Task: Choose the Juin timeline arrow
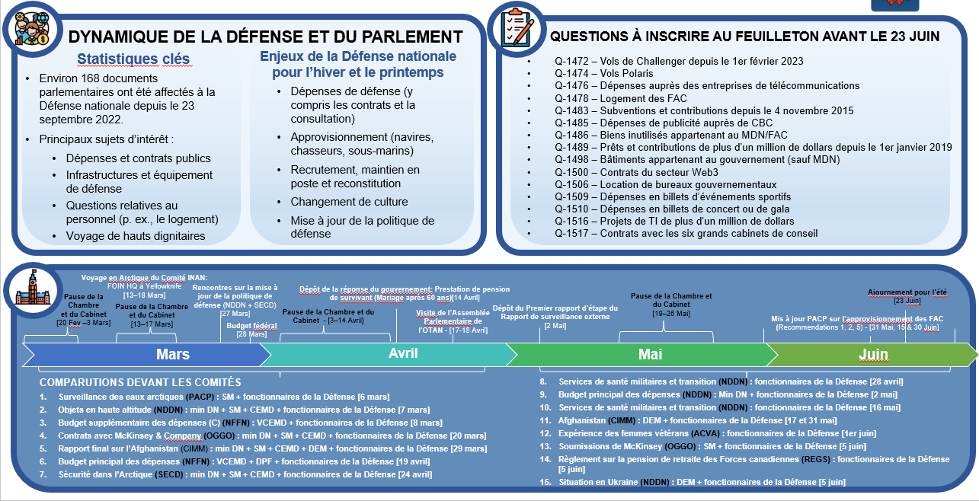pyautogui.click(x=872, y=355)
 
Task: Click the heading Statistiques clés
pyautogui.click(x=133, y=59)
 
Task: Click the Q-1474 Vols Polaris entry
pyautogui.click(x=604, y=74)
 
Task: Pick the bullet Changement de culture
pyautogui.click(x=349, y=202)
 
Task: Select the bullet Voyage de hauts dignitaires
pyautogui.click(x=135, y=236)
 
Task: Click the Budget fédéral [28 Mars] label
pyautogui.click(x=241, y=329)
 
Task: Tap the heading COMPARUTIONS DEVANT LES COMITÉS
pyautogui.click(x=140, y=382)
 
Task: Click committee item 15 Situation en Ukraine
pyautogui.click(x=701, y=482)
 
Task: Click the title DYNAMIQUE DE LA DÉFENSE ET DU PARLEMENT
pyautogui.click(x=265, y=37)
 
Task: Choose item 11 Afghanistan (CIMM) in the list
pyautogui.click(x=697, y=420)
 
